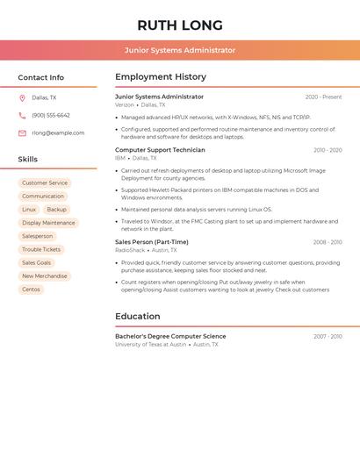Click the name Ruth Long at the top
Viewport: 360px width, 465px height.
180,25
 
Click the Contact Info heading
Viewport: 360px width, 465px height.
40,77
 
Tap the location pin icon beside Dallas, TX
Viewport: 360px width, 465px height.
22,97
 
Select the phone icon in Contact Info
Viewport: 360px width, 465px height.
22,115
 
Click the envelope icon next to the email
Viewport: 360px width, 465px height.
22,133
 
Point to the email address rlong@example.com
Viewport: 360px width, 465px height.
58,133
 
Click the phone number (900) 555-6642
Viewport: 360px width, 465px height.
51,115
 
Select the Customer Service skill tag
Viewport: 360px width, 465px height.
45,182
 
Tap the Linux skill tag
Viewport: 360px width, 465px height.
29,210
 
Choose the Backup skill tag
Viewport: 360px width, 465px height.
56,210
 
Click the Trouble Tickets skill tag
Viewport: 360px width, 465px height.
41,249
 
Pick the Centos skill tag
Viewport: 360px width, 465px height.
31,290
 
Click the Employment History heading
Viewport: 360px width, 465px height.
161,77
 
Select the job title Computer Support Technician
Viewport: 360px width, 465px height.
160,150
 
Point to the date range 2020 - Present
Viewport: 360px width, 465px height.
323,97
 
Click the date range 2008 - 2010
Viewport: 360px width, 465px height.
328,242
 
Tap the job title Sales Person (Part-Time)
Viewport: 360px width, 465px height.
151,242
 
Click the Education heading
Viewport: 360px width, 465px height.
138,316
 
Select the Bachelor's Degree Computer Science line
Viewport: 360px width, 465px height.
170,336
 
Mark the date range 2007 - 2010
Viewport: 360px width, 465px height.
328,336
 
